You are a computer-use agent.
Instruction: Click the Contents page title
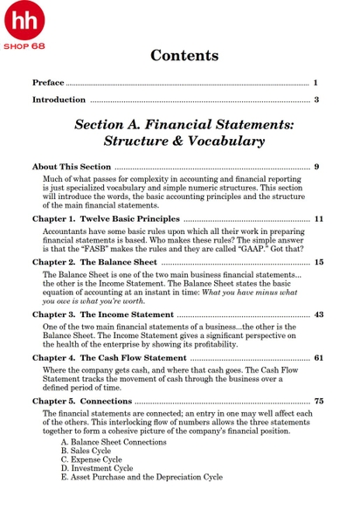point(184,56)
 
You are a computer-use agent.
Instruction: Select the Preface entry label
point(48,82)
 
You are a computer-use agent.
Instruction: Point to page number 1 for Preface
point(315,82)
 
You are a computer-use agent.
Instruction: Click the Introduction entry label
point(59,100)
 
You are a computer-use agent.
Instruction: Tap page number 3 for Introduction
point(315,100)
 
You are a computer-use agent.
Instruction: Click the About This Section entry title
point(72,166)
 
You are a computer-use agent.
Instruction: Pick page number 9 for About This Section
point(316,166)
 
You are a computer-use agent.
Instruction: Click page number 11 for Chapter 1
point(318,218)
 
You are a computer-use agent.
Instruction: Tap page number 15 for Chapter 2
point(318,261)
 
